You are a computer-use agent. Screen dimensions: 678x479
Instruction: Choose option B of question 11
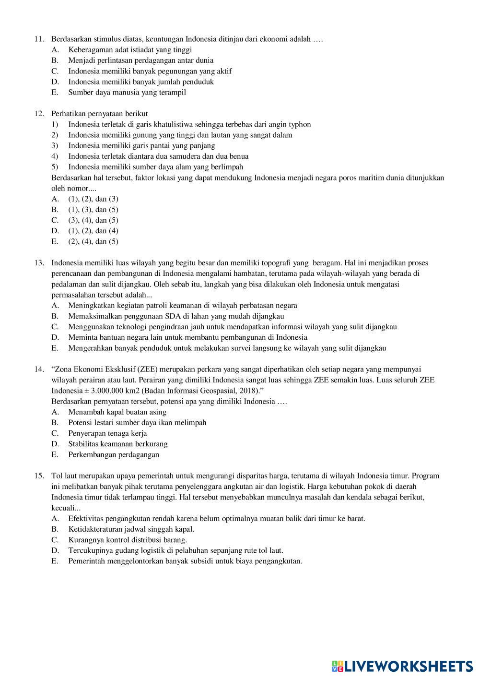click(140, 60)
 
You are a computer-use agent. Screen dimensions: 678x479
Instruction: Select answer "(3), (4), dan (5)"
click(93, 220)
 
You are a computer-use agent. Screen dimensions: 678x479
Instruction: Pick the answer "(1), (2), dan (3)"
click(93, 199)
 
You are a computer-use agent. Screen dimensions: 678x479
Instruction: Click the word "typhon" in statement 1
click(300, 124)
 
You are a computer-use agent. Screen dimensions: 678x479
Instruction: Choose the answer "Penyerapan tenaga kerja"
click(107, 433)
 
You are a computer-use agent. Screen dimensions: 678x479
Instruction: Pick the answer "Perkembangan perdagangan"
click(114, 454)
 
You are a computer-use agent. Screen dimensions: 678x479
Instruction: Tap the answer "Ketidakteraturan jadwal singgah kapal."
click(131, 529)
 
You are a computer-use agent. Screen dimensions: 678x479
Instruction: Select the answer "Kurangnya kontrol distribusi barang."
click(128, 540)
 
